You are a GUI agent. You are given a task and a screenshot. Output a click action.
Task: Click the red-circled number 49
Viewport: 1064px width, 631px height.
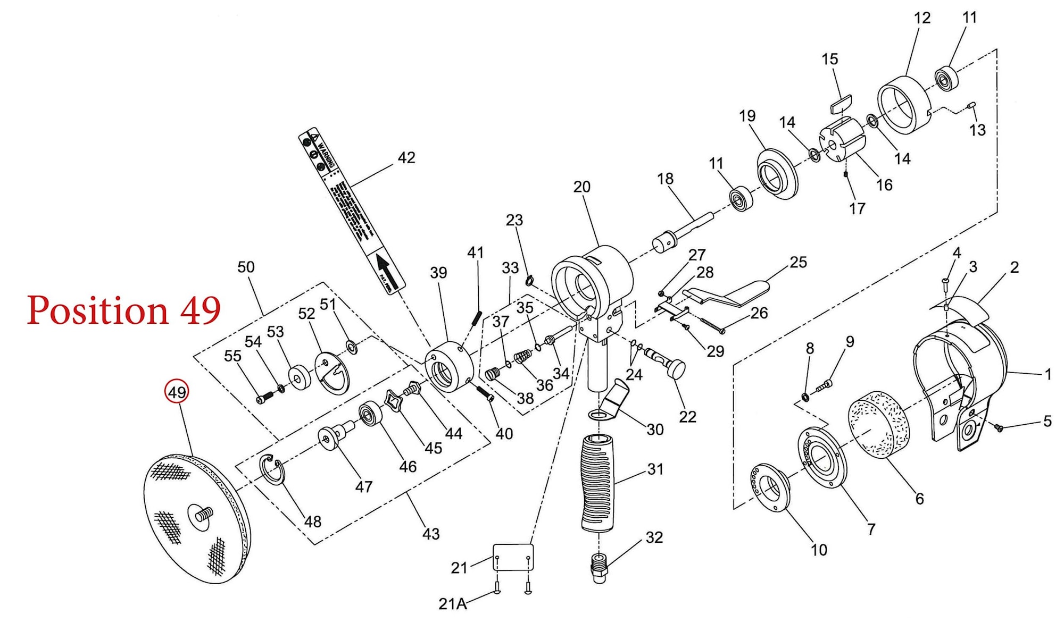177,392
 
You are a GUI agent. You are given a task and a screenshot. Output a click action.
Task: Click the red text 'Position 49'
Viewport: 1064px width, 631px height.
124,310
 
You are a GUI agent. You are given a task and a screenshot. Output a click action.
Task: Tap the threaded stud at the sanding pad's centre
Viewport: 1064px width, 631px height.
204,514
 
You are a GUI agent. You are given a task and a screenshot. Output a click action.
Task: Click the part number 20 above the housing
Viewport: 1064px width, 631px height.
581,187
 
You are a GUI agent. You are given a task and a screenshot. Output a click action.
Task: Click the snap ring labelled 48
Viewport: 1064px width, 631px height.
273,469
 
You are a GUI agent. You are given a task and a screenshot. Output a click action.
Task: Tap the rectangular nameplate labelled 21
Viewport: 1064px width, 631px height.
513,557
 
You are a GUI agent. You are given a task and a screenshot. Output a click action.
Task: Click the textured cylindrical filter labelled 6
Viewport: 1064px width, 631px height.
878,424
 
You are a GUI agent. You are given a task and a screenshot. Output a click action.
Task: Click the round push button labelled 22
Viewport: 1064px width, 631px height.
676,368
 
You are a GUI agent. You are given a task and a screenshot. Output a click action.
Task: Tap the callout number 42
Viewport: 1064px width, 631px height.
406,158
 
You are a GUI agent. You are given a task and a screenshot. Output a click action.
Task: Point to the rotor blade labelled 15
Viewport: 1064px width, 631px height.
841,103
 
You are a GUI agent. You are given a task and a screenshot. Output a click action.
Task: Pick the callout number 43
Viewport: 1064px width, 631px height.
431,534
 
